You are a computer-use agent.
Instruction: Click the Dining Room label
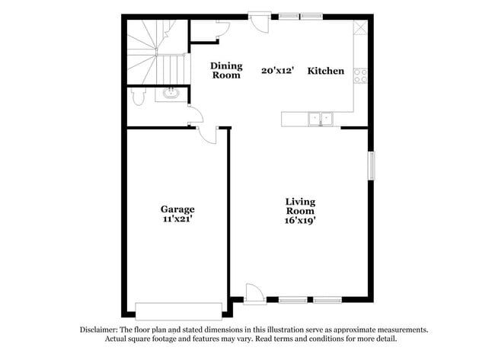pyautogui.click(x=225, y=70)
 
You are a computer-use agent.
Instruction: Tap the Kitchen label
pyautogui.click(x=326, y=71)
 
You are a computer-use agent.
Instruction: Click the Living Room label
pyautogui.click(x=300, y=206)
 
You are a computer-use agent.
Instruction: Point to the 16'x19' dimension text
pyautogui.click(x=300, y=220)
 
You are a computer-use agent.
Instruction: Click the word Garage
pyautogui.click(x=177, y=209)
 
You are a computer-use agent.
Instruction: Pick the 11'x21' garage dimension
pyautogui.click(x=177, y=219)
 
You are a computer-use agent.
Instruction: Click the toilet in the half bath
pyautogui.click(x=136, y=97)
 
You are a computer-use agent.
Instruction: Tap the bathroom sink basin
pyautogui.click(x=169, y=94)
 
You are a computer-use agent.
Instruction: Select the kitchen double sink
pyautogui.click(x=321, y=118)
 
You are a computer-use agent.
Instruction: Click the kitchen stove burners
pyautogui.click(x=361, y=75)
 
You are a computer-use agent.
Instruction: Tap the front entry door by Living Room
pyautogui.click(x=254, y=293)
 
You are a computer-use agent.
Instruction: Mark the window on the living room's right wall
pyautogui.click(x=372, y=166)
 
